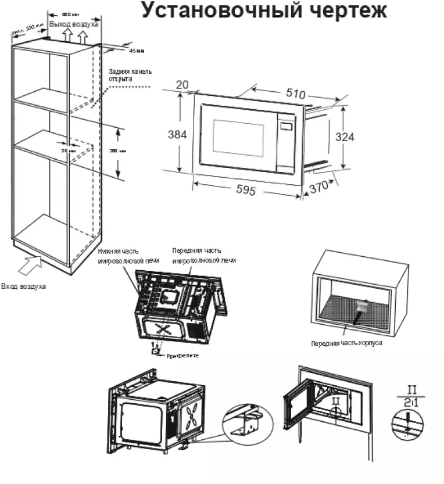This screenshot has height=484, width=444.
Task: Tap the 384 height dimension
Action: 177,134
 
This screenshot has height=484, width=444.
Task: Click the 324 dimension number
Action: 345,137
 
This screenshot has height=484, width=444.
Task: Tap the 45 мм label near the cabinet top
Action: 136,51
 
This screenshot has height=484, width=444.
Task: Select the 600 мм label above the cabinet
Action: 71,13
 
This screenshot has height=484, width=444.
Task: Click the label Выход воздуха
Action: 74,24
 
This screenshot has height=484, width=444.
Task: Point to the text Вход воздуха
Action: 24,286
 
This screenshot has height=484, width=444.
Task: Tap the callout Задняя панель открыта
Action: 130,75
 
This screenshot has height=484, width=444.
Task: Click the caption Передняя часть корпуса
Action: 346,343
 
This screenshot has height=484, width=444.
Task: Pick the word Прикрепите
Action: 182,355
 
